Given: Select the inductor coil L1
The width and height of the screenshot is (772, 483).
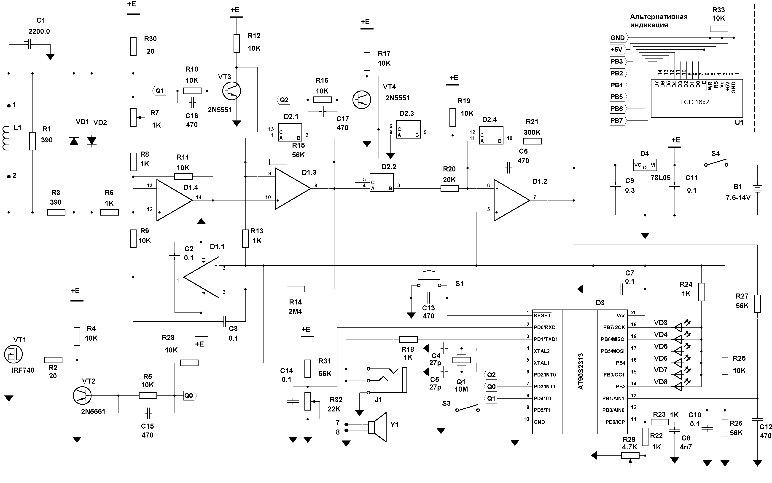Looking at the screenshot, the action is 6,138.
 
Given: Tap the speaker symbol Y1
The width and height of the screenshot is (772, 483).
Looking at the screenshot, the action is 377,427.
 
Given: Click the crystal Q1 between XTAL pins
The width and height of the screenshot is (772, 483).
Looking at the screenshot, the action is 461,360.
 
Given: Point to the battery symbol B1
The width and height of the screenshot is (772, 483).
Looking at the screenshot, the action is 757,189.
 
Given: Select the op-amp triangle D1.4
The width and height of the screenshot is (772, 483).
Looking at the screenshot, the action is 175,200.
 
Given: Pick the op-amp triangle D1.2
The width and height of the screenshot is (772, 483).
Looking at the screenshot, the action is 512,200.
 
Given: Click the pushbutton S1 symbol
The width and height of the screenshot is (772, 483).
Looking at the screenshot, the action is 429,280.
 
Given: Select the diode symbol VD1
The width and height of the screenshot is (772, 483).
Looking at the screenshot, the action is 74,141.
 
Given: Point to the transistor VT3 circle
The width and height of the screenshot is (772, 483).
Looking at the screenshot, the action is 231,91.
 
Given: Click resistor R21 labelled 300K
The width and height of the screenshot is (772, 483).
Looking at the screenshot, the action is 533,141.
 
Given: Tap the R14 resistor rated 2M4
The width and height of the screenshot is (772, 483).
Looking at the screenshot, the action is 296,289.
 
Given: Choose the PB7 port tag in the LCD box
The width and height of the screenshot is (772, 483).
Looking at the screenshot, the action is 618,120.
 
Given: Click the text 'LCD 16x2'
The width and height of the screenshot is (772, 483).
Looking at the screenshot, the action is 694,102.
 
